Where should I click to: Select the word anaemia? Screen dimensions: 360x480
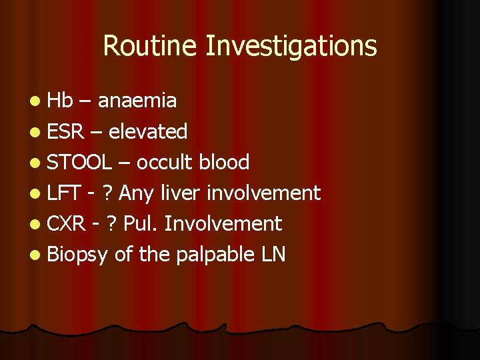pyautogui.click(x=137, y=101)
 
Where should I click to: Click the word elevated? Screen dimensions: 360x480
pyautogui.click(x=147, y=131)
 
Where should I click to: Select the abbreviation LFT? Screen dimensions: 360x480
pyautogui.click(x=64, y=193)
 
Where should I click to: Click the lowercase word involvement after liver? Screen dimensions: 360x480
pyautogui.click(x=265, y=193)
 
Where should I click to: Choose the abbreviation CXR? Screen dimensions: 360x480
pyautogui.click(x=66, y=223)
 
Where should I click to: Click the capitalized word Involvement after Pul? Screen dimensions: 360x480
pyautogui.click(x=223, y=223)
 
